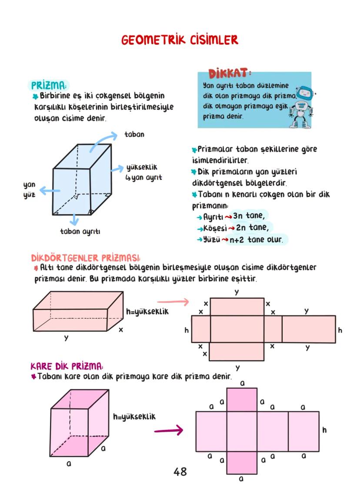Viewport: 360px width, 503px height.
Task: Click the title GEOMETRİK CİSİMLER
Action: (180, 40)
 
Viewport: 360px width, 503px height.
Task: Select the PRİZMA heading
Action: (48, 84)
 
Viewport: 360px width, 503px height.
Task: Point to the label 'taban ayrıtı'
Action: (80, 232)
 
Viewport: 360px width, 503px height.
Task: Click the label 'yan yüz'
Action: (30, 190)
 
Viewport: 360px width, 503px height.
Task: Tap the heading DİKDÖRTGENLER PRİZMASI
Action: (86, 257)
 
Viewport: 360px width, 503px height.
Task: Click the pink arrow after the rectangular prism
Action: (173, 302)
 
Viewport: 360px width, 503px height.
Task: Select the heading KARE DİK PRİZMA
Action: (67, 366)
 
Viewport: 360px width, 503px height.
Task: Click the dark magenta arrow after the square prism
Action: (168, 431)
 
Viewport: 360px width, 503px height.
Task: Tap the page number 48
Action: (180, 471)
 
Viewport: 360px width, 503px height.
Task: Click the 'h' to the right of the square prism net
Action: (324, 430)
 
